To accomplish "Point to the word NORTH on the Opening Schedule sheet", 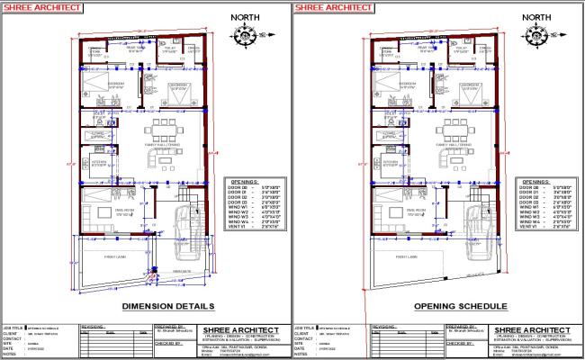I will [x=537, y=17].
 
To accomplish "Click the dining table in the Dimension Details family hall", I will [x=165, y=127].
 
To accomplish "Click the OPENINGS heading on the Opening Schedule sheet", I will [x=536, y=181].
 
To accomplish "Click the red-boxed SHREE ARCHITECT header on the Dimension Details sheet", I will [x=37, y=7].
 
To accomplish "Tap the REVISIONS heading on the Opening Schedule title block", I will [x=386, y=327].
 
